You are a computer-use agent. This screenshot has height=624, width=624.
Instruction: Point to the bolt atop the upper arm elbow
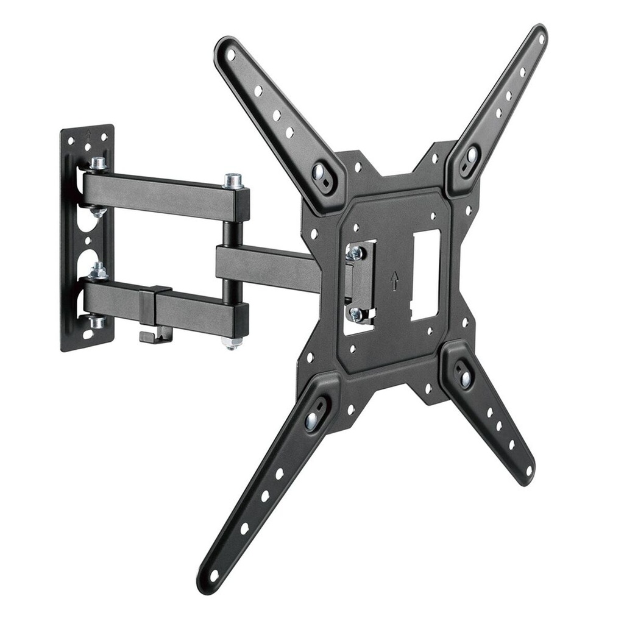(x=233, y=180)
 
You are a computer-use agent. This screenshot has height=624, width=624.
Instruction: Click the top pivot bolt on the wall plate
(x=97, y=163)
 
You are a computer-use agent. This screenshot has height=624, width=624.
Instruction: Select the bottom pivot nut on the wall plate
(x=96, y=321)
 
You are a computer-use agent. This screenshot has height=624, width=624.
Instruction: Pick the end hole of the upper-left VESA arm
(x=231, y=54)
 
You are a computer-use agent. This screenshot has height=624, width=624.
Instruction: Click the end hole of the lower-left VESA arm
(x=213, y=575)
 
